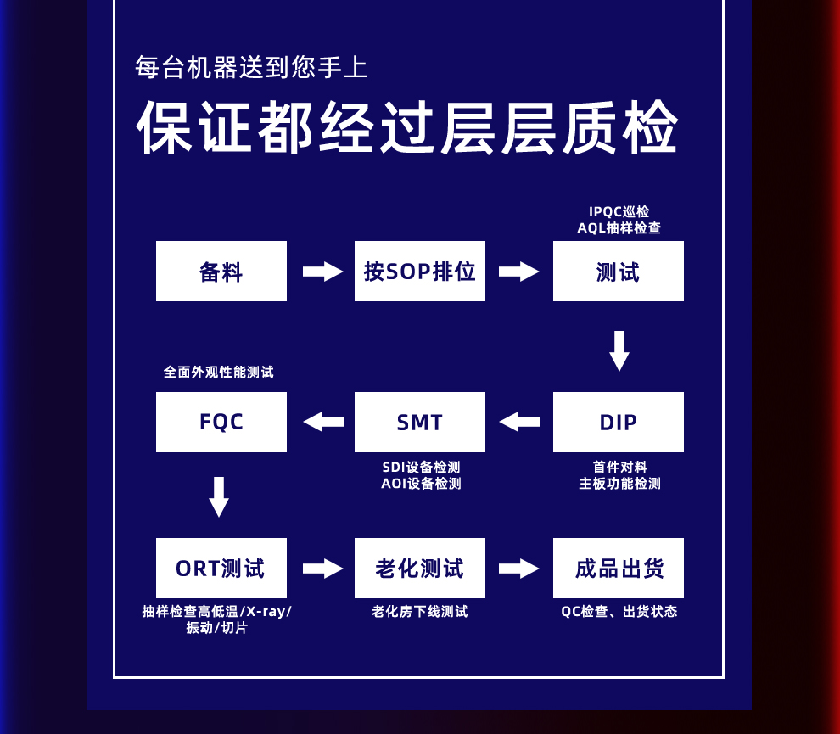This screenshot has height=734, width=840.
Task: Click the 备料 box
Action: (221, 272)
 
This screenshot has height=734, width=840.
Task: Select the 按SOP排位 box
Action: (420, 272)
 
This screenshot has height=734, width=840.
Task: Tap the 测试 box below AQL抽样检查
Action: (619, 272)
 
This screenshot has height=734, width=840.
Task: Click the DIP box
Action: (619, 423)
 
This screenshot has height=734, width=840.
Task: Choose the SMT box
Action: (420, 423)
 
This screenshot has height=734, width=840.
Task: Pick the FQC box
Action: (221, 423)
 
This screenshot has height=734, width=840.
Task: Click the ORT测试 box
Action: (221, 569)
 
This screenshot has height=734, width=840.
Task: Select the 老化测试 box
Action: (420, 569)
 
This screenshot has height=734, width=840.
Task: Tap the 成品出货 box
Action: (619, 569)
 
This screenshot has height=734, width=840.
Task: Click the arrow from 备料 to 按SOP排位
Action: (322, 272)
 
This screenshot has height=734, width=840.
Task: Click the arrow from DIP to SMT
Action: (519, 422)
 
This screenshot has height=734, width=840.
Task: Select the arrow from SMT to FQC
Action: (323, 422)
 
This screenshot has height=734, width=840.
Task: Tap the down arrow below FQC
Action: (219, 497)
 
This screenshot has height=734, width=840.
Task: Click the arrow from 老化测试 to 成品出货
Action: (519, 569)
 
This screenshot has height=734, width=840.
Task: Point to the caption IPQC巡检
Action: (619, 211)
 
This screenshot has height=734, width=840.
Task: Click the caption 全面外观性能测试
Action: (219, 373)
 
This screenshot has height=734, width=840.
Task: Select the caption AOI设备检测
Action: (421, 484)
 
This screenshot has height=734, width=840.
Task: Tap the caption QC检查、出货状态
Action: (619, 612)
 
